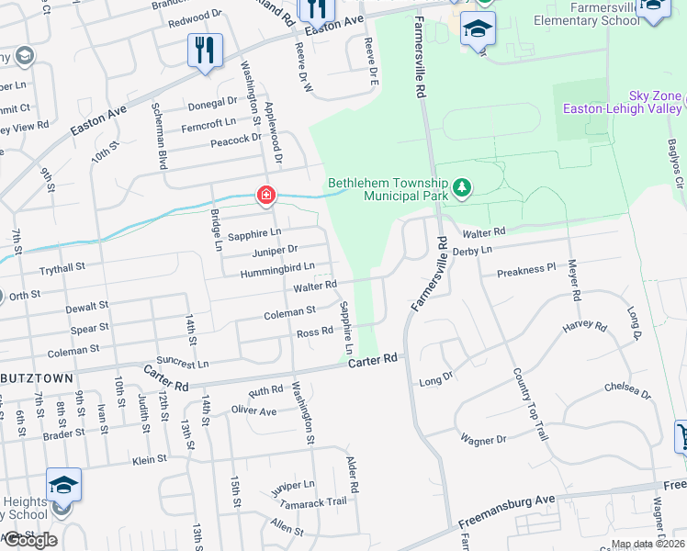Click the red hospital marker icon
pos(265,195)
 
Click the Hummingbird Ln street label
pos(277,269)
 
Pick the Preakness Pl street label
pos(526,272)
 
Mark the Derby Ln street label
pos(473,250)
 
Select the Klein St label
pos(148,459)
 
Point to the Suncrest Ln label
pos(183,363)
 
